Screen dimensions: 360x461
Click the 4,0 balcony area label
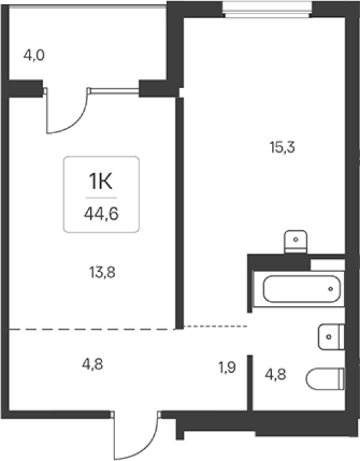pos(34,55)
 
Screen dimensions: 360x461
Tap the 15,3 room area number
pos(282,147)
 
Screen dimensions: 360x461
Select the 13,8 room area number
pos(102,273)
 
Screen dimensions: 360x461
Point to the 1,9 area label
pos(227,367)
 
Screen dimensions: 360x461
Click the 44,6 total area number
pos(102,214)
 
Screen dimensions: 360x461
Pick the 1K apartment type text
pos(100,182)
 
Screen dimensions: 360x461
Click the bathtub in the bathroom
pos(301,289)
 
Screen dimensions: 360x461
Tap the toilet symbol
pos(325,379)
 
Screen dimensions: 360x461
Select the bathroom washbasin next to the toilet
pos(331,337)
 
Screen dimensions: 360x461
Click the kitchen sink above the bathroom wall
pos(295,242)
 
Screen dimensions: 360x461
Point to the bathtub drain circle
pos(330,289)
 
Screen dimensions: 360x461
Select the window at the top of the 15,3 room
pos(267,10)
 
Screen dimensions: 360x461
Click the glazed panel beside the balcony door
pos(114,91)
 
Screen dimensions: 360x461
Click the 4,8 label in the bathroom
pos(275,375)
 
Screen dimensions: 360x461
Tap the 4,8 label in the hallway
pos(92,365)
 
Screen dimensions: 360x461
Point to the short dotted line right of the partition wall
pos(215,326)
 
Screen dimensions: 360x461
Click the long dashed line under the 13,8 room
pos(92,330)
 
